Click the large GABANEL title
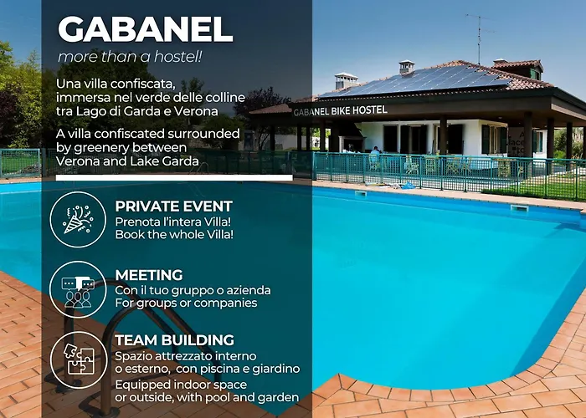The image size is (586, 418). click(x=145, y=30)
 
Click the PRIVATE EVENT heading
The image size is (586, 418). click(x=173, y=206)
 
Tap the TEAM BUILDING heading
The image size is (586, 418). click(x=174, y=340)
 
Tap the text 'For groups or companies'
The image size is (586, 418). click(x=186, y=303)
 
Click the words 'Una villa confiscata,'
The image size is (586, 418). click(x=116, y=84)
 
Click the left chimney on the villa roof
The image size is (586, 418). click(x=346, y=80)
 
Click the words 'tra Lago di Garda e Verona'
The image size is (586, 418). click(x=138, y=111)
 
